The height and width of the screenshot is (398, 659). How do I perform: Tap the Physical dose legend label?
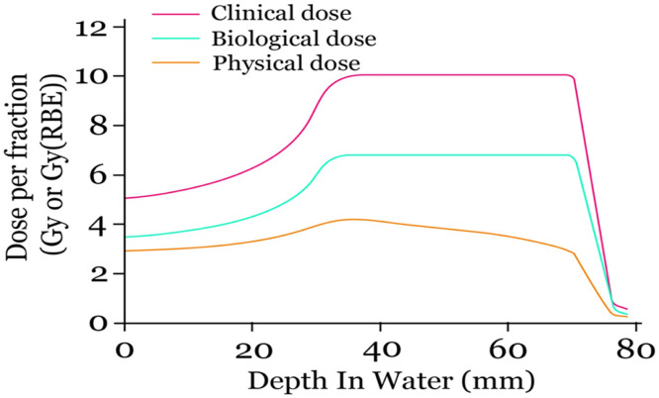[x=265, y=64]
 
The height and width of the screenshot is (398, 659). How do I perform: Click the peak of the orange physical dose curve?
[x=352, y=219]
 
